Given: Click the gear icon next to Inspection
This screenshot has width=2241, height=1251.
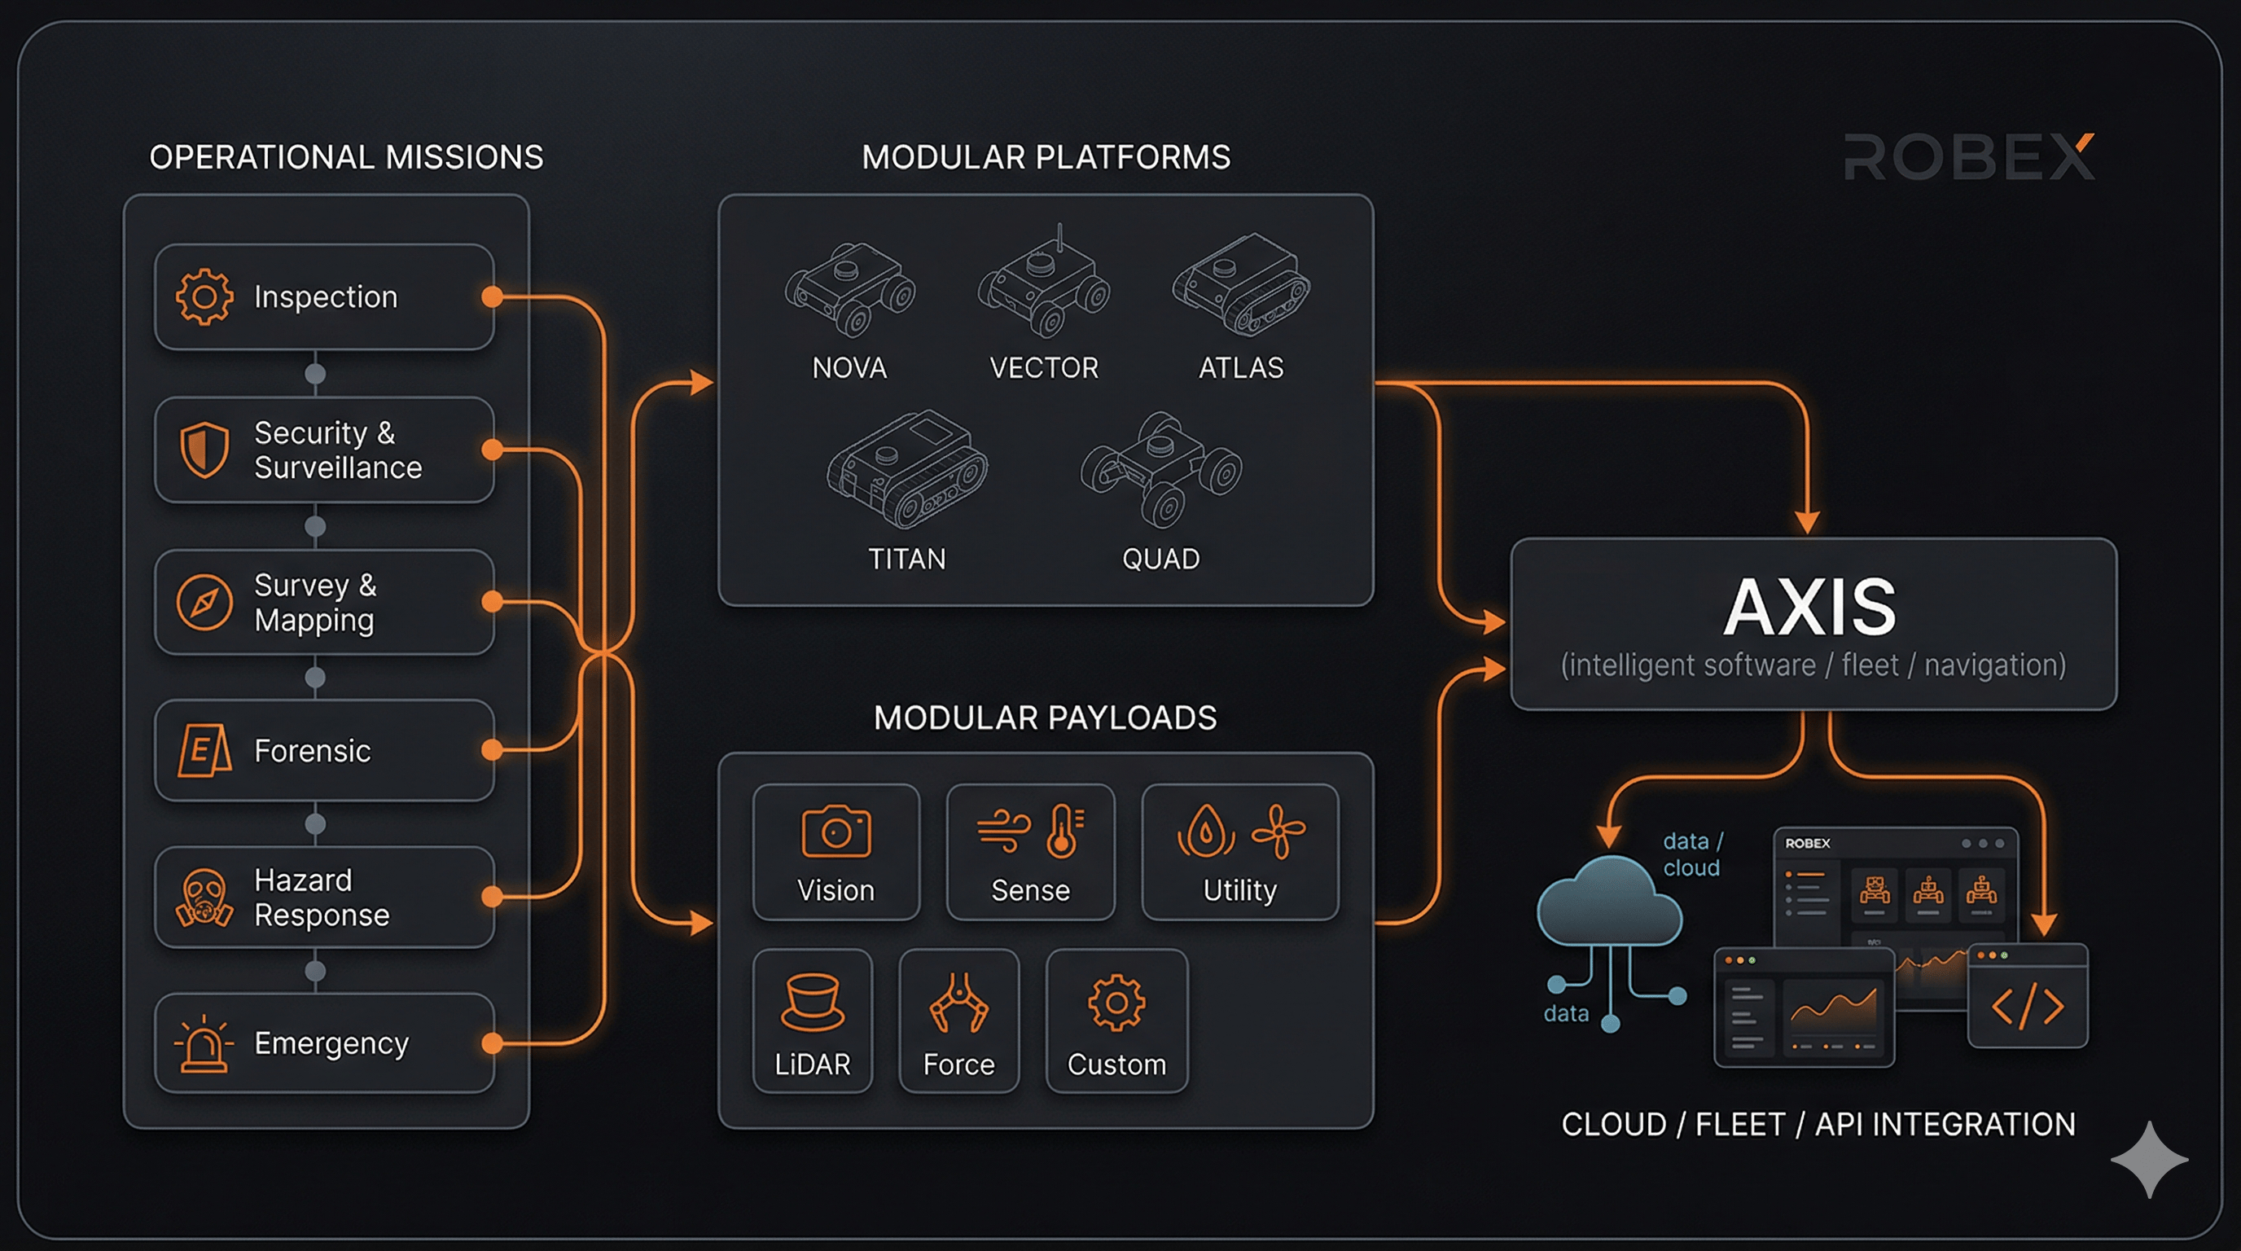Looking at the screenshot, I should (204, 296).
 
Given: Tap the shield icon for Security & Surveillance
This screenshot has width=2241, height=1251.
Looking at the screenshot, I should (204, 450).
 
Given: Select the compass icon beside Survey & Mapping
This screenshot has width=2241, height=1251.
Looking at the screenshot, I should (204, 602).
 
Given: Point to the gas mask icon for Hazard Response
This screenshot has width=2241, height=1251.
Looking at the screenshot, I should (204, 898).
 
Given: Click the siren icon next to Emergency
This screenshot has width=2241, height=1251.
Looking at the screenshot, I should (204, 1043).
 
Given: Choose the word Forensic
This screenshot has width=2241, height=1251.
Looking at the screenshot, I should (313, 751).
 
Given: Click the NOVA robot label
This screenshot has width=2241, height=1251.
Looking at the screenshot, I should (849, 368).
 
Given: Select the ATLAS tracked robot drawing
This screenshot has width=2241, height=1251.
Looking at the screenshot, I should (1241, 284).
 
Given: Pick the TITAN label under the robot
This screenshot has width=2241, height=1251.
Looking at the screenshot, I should (906, 559).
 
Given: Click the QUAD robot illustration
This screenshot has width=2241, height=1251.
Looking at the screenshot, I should (1161, 470).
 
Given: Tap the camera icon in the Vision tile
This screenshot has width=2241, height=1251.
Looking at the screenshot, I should (836, 832).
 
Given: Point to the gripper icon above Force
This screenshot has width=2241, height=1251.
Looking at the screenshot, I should (958, 1003).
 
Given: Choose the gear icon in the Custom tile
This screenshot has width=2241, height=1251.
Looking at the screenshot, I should (1117, 1003).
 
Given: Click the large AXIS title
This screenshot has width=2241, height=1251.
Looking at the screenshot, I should (1810, 608).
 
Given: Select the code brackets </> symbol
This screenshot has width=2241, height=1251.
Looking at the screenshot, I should (2028, 1007).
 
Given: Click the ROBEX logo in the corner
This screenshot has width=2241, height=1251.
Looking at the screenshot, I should (1969, 157).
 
